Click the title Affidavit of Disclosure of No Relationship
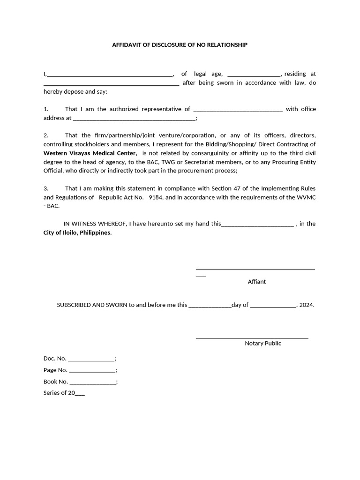pyautogui.click(x=180, y=45)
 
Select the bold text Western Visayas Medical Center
pyautogui.click(x=90, y=153)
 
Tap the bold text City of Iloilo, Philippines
pyautogui.click(x=78, y=232)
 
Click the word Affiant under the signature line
pyautogui.click(x=256, y=282)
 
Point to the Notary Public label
pyautogui.click(x=262, y=343)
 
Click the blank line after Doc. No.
pyautogui.click(x=91, y=360)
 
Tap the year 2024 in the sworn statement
pyautogui.click(x=306, y=305)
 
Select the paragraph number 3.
pyautogui.click(x=46, y=188)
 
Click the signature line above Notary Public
pyautogui.click(x=252, y=337)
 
